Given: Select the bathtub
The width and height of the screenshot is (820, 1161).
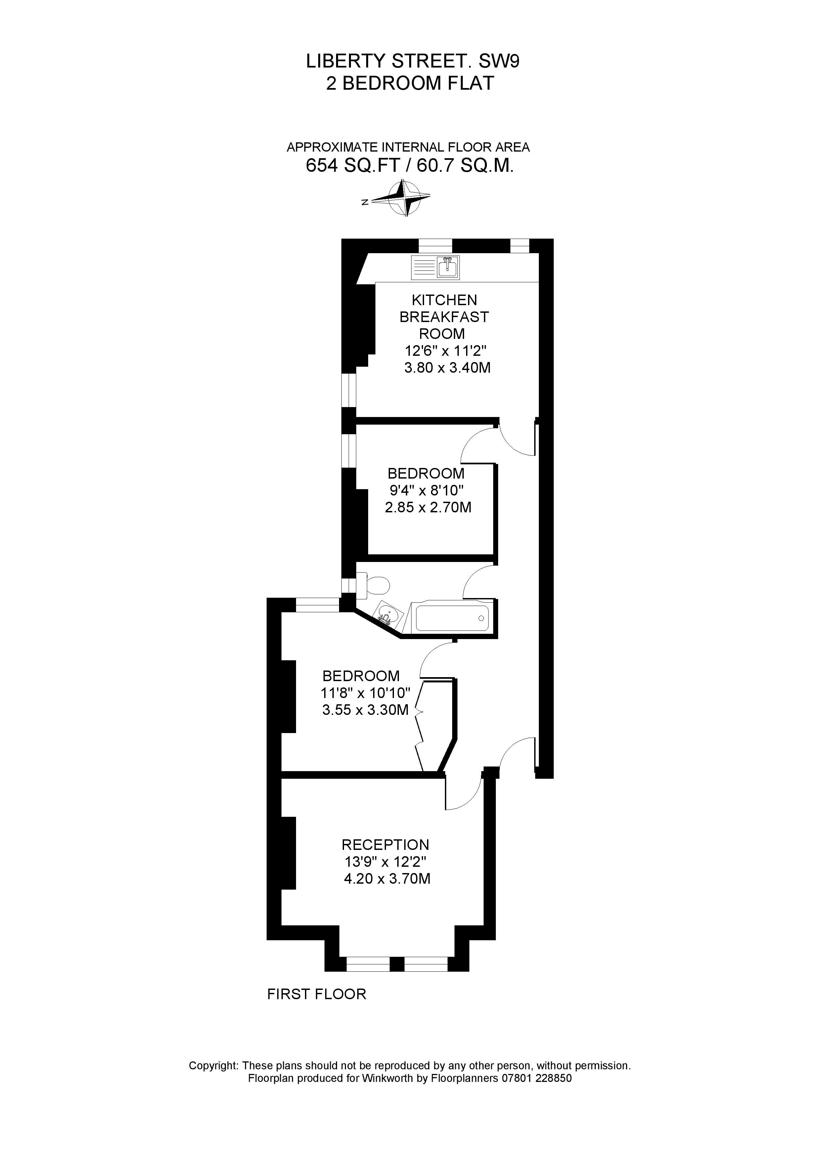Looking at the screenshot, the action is [452, 618].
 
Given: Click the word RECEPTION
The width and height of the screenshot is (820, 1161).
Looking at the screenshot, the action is [385, 845].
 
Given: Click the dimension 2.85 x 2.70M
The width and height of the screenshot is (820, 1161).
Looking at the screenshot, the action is [428, 507].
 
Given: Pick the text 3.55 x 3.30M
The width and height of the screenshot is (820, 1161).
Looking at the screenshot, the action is [365, 710].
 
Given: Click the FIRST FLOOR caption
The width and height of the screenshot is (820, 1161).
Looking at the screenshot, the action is [316, 994].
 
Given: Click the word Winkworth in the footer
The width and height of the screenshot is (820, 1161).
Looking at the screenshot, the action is [385, 1078].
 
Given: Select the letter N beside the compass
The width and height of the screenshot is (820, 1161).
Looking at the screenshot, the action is [364, 202].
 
